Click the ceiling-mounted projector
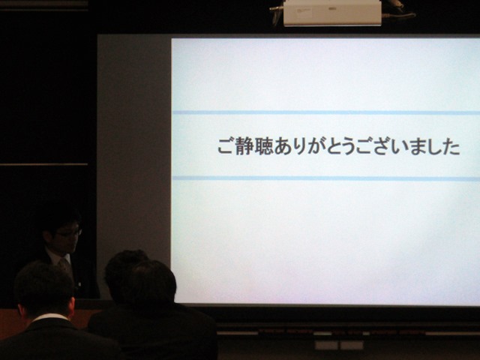click(332, 13)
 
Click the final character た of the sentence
click(451, 146)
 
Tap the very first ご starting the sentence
click(226, 146)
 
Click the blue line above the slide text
click(326, 112)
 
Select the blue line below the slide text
click(326, 178)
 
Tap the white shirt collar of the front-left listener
click(50, 317)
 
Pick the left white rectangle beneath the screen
click(326, 345)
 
